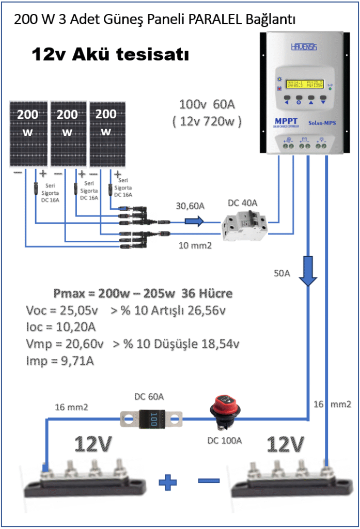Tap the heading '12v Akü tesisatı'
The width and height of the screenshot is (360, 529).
coord(110,55)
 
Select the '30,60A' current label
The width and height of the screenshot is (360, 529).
coord(191,206)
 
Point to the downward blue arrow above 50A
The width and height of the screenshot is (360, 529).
coord(308,271)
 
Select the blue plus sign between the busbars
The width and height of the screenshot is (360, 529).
coord(168,483)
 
